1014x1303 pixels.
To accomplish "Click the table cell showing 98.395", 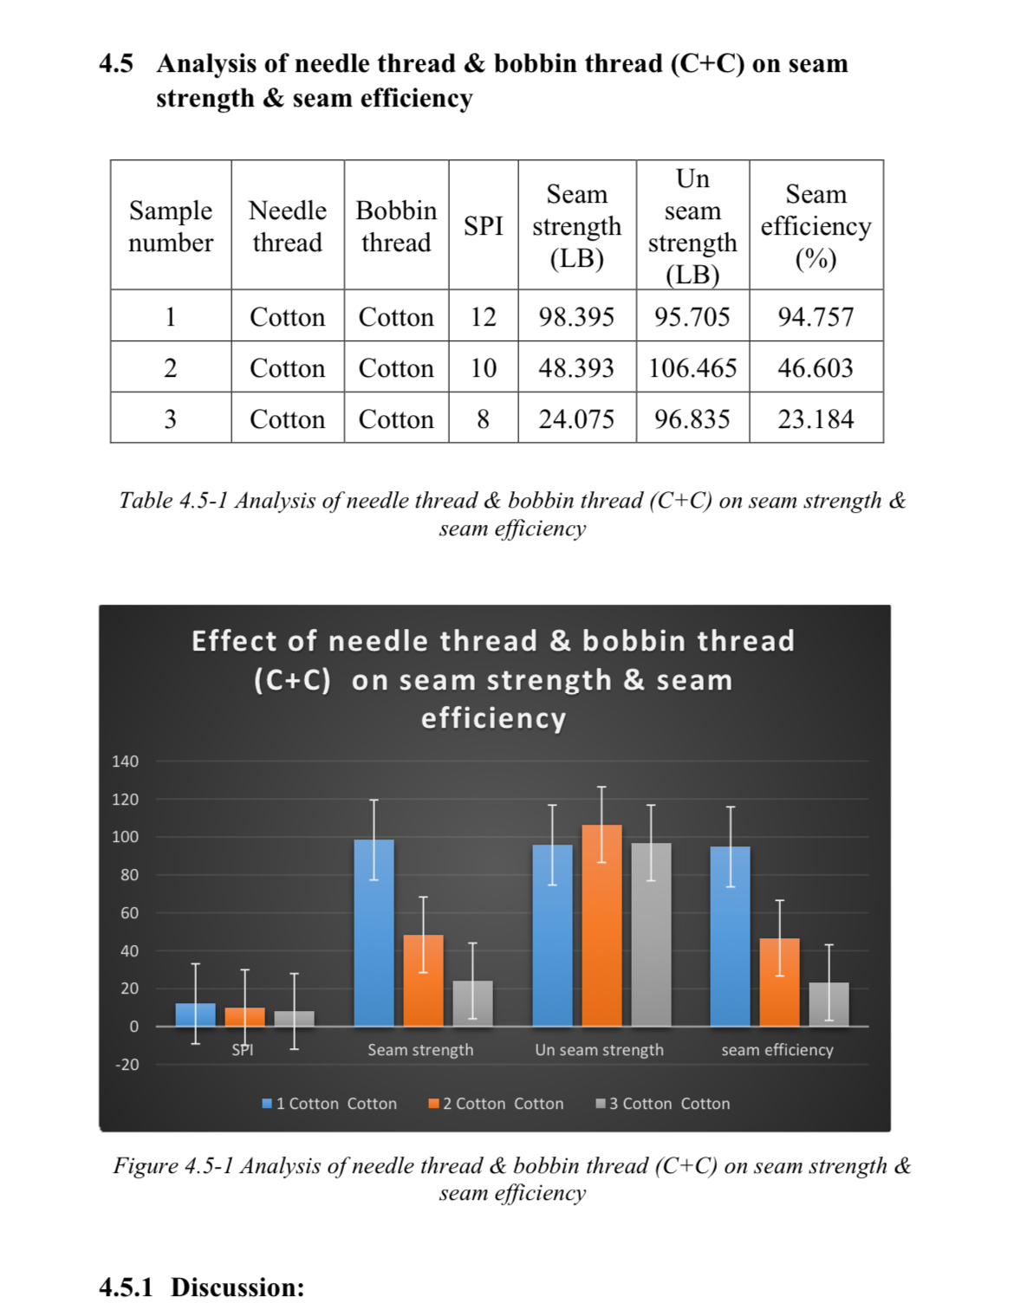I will (576, 317).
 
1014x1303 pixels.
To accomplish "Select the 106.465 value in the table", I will (692, 368).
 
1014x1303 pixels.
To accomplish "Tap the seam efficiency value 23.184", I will (816, 419).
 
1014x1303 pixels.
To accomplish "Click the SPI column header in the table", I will (483, 226).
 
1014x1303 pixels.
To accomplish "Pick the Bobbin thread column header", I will (396, 226).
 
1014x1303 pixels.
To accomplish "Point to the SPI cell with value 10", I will (483, 368).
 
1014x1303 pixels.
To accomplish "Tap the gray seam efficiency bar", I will (829, 1004).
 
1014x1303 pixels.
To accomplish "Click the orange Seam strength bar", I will (423, 981).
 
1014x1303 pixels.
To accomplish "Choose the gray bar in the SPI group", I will (294, 1019).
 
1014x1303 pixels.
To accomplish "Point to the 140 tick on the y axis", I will (126, 762).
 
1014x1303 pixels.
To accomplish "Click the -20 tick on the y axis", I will (127, 1065).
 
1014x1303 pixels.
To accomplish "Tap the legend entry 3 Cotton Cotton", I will (663, 1104).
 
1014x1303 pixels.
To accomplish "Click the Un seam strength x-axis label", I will (599, 1050).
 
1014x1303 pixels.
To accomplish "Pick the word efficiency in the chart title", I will (493, 718).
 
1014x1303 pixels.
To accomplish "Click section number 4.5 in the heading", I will (116, 63).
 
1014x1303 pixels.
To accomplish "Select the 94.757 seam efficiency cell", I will (816, 317).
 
